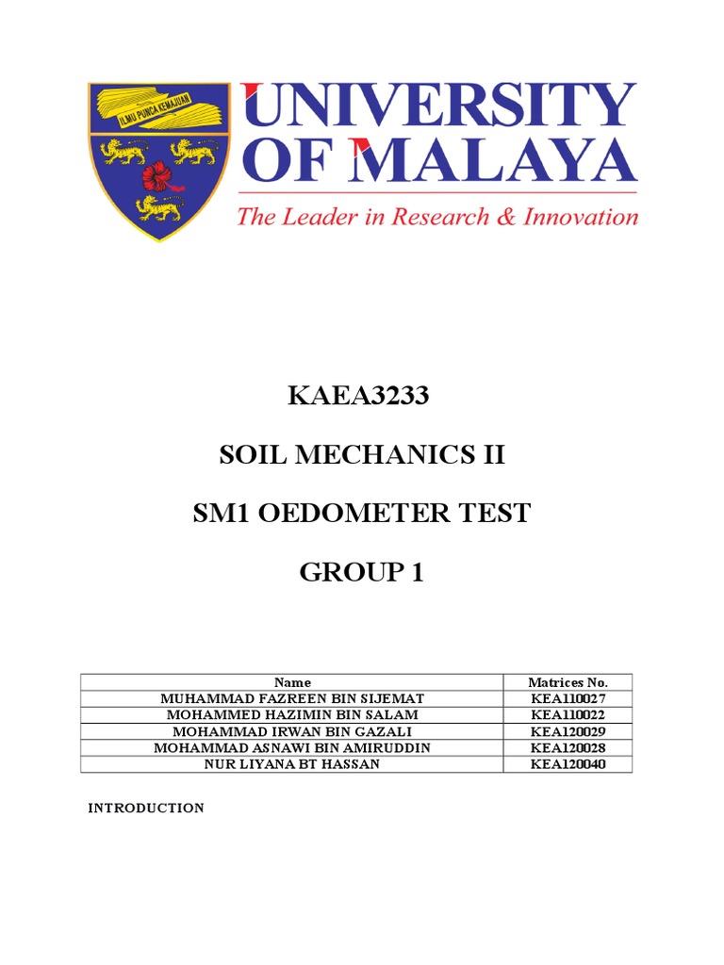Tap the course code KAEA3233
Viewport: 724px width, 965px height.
coord(358,397)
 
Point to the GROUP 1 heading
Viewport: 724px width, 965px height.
coord(361,571)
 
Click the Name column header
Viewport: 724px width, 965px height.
coord(292,682)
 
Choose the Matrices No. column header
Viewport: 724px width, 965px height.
coord(568,682)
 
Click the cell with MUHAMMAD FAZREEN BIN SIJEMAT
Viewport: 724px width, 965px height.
coord(292,698)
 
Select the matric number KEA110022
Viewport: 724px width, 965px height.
coord(568,714)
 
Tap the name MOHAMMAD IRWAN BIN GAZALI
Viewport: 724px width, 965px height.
coord(292,731)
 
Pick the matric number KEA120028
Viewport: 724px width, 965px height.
coord(568,747)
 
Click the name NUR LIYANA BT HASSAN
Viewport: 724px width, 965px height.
coord(292,764)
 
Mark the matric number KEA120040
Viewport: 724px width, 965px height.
coord(568,764)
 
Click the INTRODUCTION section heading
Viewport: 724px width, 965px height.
coord(146,809)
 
